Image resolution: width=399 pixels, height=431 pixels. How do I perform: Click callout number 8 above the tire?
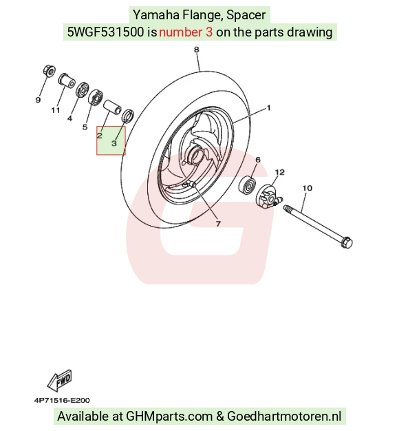[196, 50]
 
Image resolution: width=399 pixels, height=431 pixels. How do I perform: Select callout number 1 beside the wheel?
[269, 107]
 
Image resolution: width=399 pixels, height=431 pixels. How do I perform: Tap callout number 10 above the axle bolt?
[308, 188]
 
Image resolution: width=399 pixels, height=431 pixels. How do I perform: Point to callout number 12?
[280, 172]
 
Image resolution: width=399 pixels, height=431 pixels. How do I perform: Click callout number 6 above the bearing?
[258, 160]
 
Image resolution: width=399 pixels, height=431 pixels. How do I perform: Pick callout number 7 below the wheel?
[218, 224]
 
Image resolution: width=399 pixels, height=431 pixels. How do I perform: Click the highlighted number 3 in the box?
[114, 143]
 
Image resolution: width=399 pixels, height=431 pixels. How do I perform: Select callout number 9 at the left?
[38, 100]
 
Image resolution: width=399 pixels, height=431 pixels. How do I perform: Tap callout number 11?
[56, 110]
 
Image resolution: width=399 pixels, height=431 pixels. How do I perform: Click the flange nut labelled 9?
[49, 71]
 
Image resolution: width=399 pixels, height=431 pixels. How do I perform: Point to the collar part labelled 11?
[67, 81]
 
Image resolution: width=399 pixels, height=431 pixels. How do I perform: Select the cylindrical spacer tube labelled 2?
[112, 107]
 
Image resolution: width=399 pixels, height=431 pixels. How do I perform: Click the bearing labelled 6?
[248, 185]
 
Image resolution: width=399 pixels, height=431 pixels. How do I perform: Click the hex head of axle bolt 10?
[347, 242]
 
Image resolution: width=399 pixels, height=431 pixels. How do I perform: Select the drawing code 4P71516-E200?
[62, 400]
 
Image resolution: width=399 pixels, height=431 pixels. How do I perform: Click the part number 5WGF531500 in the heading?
[105, 32]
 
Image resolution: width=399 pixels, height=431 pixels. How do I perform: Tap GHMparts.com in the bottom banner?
[169, 417]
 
